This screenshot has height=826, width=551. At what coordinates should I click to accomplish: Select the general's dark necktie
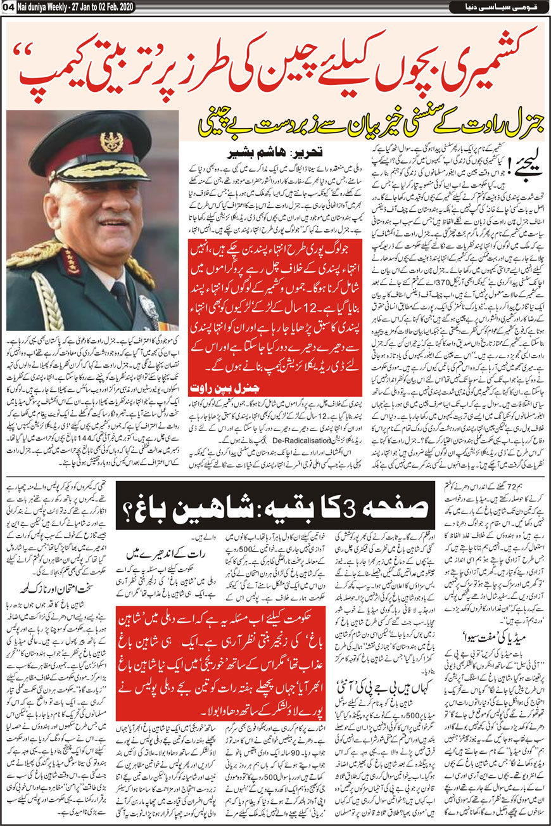coord(120,298)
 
